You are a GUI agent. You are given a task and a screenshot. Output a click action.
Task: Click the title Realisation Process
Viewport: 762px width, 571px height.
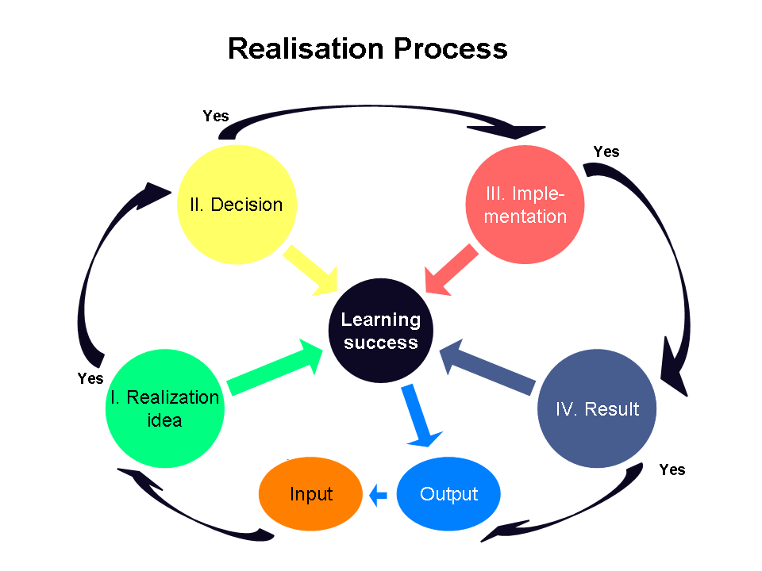point(367,48)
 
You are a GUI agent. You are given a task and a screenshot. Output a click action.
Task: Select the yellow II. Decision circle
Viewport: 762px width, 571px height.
point(236,204)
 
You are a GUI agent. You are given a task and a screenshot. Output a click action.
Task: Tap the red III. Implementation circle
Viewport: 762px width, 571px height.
point(525,204)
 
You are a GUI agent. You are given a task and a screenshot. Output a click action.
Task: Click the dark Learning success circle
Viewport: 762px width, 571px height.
point(380,331)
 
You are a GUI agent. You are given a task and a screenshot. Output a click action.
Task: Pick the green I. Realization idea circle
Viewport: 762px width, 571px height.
point(164,408)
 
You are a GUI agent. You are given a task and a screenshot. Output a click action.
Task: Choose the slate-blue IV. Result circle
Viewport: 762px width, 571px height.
point(597,408)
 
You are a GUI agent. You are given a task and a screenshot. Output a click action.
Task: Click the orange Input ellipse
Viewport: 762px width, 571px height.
point(310,494)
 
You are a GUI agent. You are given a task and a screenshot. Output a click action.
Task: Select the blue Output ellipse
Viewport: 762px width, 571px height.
point(448,494)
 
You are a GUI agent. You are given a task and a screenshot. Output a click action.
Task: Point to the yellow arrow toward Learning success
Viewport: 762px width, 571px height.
point(311,270)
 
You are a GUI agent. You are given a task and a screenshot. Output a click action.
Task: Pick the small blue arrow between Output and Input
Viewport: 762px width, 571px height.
point(378,496)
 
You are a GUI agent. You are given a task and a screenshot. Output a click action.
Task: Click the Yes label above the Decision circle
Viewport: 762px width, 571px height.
point(215,117)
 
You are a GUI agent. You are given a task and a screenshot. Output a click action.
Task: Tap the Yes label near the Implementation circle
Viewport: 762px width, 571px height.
point(606,151)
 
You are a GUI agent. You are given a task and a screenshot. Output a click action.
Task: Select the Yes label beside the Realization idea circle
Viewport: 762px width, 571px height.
point(90,378)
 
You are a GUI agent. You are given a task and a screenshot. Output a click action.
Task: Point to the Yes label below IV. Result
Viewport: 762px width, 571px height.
point(672,469)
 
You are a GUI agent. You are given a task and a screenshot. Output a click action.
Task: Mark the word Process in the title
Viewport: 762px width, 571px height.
point(450,48)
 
